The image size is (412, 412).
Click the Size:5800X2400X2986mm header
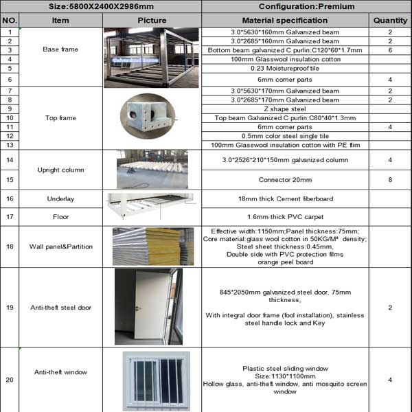click(x=102, y=7)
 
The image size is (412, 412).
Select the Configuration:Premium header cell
click(x=306, y=7)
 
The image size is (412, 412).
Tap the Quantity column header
click(x=390, y=21)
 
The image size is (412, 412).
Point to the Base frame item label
click(x=60, y=50)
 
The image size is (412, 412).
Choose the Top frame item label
click(x=60, y=118)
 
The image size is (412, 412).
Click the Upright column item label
click(x=60, y=170)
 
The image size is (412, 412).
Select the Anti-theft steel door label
click(x=60, y=308)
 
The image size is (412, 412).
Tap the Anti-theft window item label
click(x=60, y=372)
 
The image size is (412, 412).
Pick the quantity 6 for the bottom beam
click(x=390, y=50)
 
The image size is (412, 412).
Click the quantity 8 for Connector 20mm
click(x=390, y=180)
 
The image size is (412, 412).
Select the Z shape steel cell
click(x=285, y=109)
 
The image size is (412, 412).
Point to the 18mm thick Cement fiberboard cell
click(x=285, y=198)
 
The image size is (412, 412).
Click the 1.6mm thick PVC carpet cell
click(x=285, y=217)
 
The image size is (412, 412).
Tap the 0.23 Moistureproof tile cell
click(x=285, y=69)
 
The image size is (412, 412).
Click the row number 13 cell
click(x=10, y=145)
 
